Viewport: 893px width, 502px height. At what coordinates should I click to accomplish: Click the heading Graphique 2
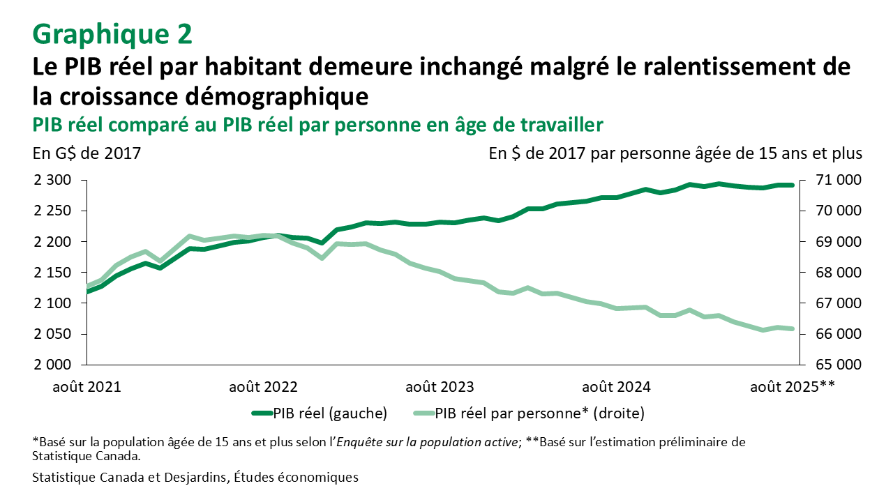click(112, 33)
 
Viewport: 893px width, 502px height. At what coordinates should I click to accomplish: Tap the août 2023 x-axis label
click(440, 386)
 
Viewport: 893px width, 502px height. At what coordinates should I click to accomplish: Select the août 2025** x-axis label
click(792, 386)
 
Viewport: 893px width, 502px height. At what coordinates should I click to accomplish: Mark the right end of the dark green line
click(793, 185)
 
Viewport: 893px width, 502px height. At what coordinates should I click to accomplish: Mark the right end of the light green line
click(793, 329)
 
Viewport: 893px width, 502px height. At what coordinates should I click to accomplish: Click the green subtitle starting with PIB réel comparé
click(317, 124)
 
